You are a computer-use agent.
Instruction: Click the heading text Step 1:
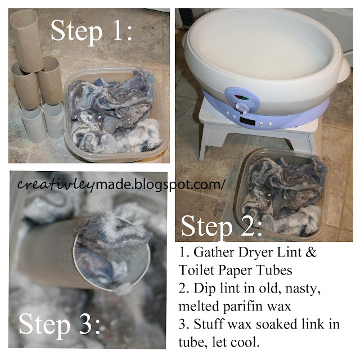click(91, 31)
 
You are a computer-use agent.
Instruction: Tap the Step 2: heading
click(221, 226)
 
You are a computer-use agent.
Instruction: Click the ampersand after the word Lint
click(311, 252)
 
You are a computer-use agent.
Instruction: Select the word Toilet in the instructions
click(196, 270)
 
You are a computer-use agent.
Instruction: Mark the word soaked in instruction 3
click(277, 324)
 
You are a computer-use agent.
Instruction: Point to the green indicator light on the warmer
click(245, 98)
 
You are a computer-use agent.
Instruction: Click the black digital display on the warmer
click(247, 121)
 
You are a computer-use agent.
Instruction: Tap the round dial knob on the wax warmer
click(241, 107)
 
